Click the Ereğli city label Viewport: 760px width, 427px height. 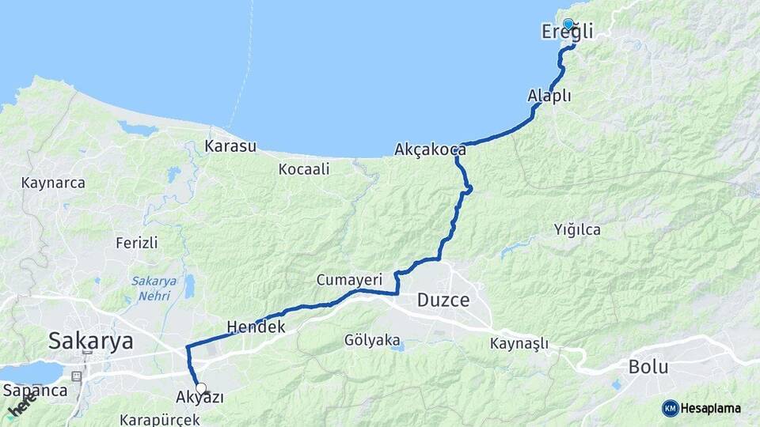[567, 32]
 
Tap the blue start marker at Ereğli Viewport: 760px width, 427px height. [568, 24]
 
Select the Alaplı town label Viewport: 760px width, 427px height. [549, 96]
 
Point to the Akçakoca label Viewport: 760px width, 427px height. [430, 149]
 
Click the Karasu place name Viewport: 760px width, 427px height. [230, 146]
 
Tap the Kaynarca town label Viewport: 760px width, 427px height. [53, 183]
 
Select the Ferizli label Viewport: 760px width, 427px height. [136, 242]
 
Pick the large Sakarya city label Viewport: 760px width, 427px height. [90, 341]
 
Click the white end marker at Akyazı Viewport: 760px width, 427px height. [201, 388]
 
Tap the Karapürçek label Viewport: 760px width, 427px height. [159, 419]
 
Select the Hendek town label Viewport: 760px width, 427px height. [255, 326]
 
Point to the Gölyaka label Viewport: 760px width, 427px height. [372, 341]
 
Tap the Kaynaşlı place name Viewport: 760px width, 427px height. [519, 343]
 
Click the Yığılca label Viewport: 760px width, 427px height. [577, 230]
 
